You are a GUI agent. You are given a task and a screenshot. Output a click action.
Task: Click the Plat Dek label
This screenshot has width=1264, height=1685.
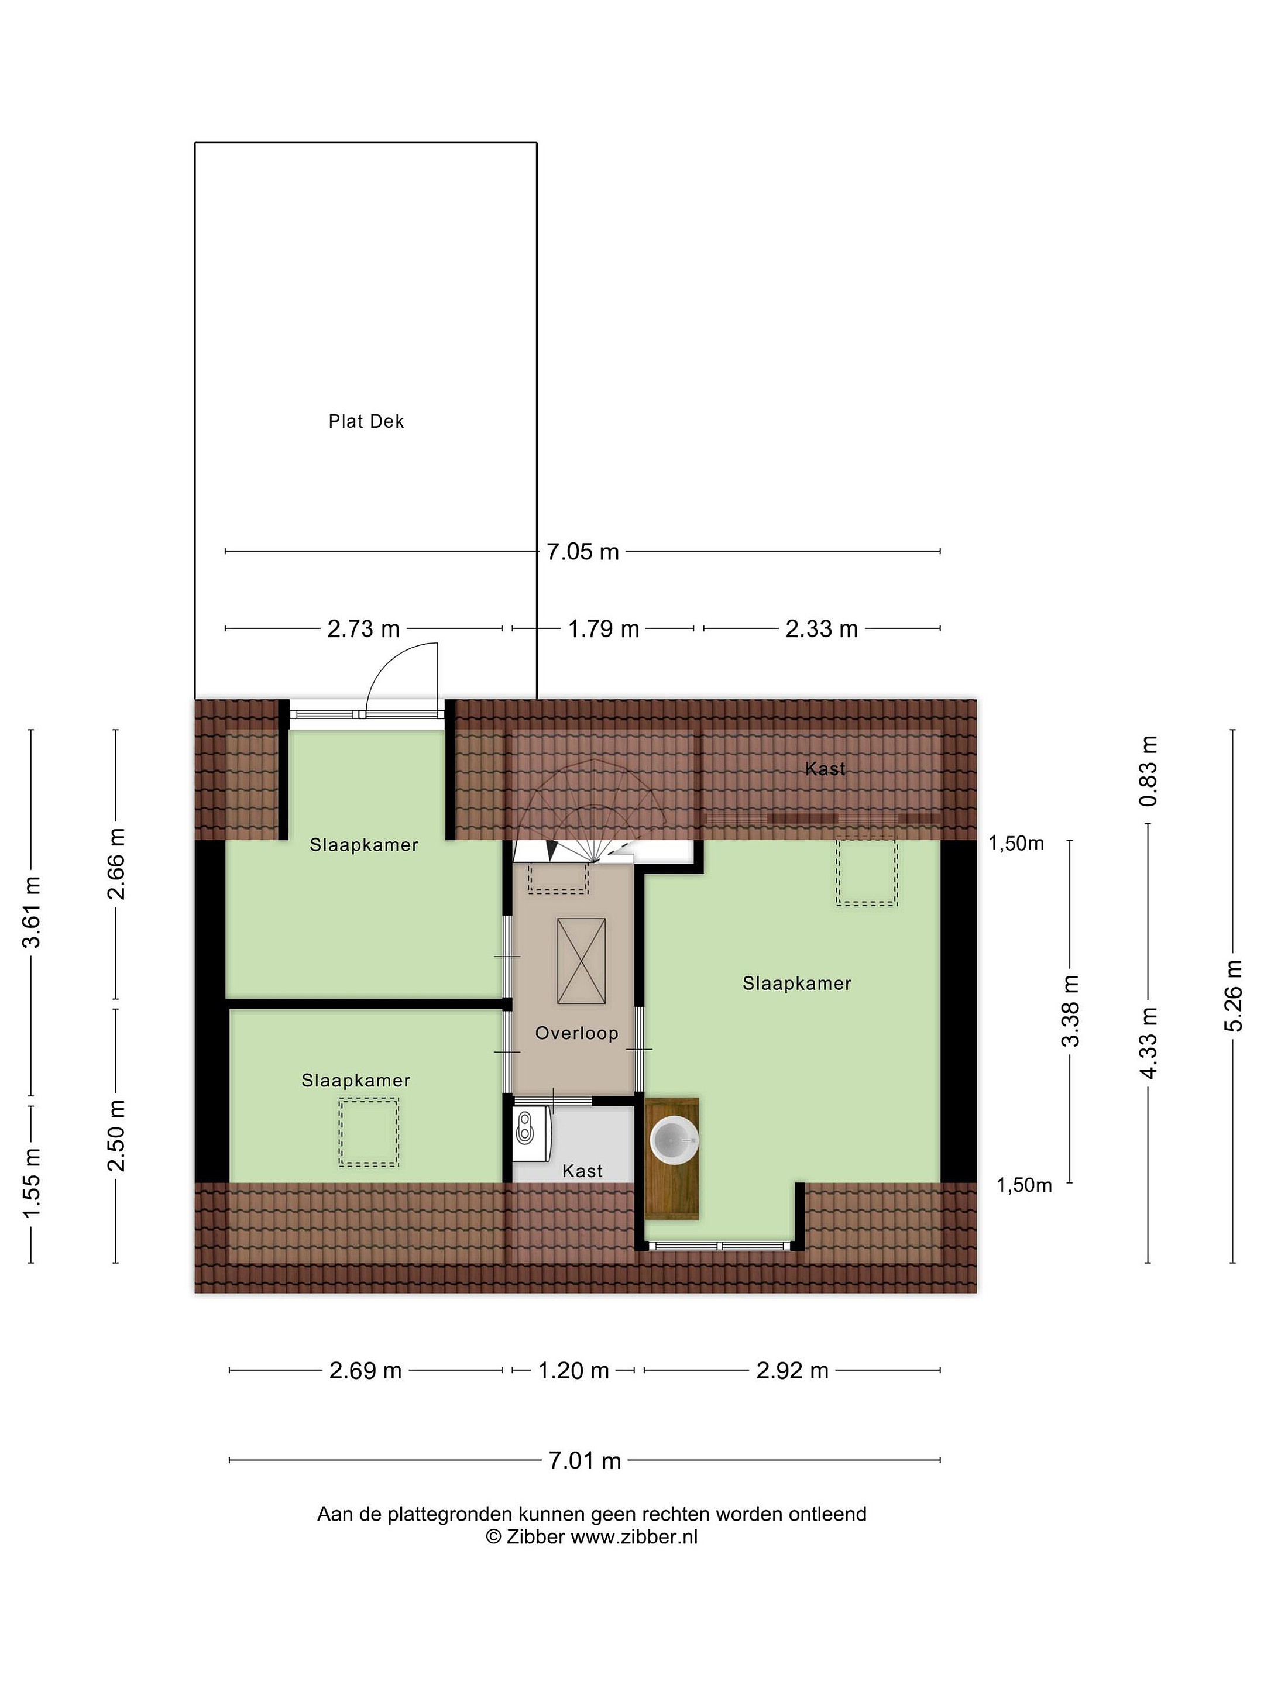[366, 421]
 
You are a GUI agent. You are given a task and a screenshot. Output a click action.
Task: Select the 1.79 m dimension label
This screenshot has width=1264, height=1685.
[603, 628]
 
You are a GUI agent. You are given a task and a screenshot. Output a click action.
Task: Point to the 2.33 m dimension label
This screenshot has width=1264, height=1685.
[822, 628]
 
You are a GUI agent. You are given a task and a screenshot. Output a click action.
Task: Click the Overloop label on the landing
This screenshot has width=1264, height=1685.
[576, 1033]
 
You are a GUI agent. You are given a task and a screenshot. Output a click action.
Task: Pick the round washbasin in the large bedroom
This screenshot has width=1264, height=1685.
[674, 1140]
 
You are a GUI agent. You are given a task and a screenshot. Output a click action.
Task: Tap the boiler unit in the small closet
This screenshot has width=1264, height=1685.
[531, 1133]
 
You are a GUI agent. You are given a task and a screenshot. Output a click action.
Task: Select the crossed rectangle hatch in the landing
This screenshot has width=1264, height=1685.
[581, 961]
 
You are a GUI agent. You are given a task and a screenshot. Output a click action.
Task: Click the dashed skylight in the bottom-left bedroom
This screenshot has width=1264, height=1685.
[369, 1132]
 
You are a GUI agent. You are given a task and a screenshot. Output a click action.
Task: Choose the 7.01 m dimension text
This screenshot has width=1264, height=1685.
[585, 1460]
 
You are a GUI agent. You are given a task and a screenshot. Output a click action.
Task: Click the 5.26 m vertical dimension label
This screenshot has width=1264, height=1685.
[1234, 996]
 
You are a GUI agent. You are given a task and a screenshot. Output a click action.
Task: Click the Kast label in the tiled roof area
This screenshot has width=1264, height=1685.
[825, 769]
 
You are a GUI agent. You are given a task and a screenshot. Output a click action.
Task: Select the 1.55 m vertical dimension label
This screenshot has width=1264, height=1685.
[31, 1182]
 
